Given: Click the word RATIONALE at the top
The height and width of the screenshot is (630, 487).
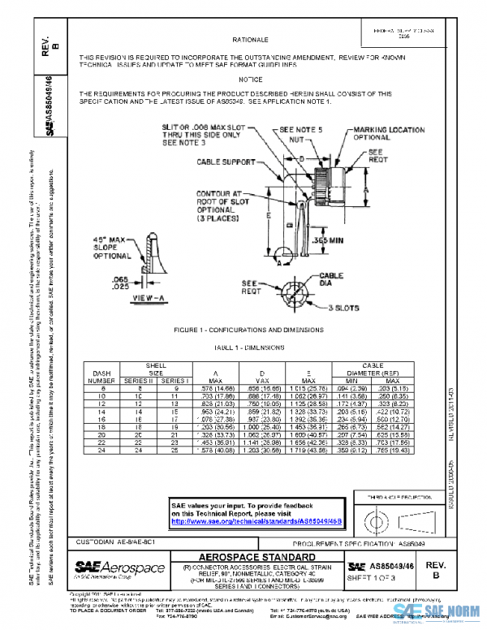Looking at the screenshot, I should point(251,39).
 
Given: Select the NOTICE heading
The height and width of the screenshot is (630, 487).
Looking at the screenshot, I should point(251,80).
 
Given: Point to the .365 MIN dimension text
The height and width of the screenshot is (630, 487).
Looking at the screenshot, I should point(326,241).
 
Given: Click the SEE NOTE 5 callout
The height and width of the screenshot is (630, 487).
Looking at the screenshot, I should point(301,129).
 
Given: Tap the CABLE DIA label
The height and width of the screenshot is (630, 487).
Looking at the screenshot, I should point(332,280).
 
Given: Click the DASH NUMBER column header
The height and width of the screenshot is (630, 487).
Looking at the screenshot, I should point(101,377).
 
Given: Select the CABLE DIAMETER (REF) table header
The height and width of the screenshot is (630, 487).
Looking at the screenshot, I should point(368,369).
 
